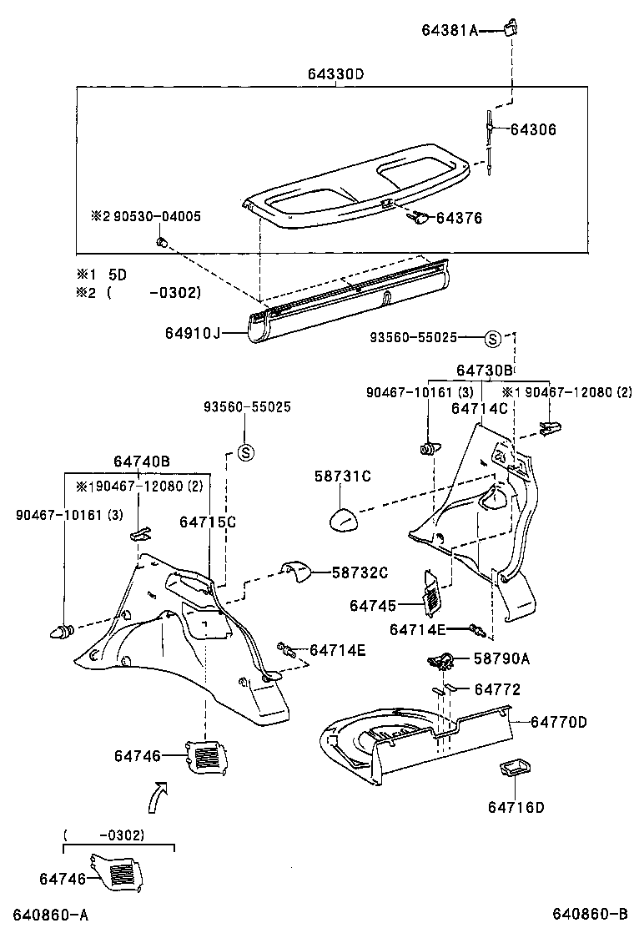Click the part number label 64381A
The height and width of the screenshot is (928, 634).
(x=449, y=31)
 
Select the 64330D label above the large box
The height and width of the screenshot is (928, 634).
(x=336, y=74)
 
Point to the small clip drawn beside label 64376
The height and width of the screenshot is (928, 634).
(x=418, y=219)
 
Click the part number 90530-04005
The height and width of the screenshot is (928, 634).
(x=153, y=215)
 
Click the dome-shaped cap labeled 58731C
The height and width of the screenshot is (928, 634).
(x=342, y=518)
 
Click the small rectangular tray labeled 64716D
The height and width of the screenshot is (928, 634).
(x=514, y=768)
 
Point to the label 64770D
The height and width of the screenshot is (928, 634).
(x=559, y=721)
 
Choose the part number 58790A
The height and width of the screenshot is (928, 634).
(x=501, y=658)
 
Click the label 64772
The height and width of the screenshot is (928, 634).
(x=497, y=689)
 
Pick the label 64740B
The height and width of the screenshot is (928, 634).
(x=142, y=461)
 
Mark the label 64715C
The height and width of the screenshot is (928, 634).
(x=208, y=522)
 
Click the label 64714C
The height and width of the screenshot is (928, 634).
(x=480, y=408)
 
